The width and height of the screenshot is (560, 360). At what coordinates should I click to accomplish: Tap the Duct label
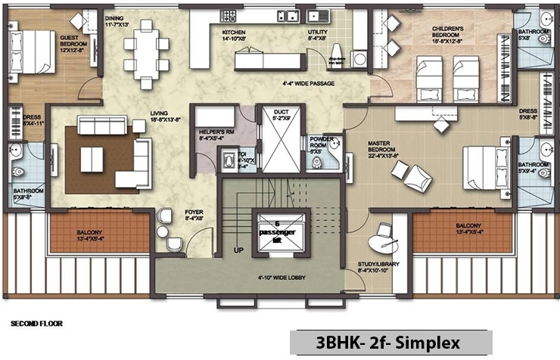pyautogui.click(x=278, y=116)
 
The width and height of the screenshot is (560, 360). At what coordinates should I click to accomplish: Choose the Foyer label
pyautogui.click(x=194, y=216)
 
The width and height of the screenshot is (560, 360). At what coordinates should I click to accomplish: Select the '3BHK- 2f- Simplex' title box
pyautogui.click(x=390, y=342)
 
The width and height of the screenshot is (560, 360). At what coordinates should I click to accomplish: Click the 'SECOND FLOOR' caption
pyautogui.click(x=36, y=324)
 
